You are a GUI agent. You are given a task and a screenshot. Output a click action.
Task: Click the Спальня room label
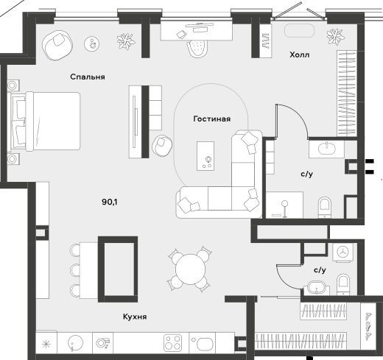[x=88, y=77]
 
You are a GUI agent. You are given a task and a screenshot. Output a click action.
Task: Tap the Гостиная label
[x=212, y=119]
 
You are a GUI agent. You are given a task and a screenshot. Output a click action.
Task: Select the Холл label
[x=299, y=54]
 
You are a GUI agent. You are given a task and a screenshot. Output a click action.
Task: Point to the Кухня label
[x=135, y=317]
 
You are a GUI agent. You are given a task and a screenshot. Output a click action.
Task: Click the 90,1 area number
[x=110, y=202]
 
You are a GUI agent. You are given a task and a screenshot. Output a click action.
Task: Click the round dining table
[x=190, y=269]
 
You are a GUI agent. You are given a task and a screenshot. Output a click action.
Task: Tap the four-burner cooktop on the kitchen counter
[x=173, y=342]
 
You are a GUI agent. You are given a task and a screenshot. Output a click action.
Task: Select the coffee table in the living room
[x=205, y=156]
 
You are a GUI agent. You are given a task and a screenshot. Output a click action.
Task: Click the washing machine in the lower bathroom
[x=342, y=253]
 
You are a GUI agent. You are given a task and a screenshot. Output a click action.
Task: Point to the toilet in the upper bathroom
[x=325, y=207]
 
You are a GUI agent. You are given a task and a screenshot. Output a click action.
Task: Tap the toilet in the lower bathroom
[x=343, y=285]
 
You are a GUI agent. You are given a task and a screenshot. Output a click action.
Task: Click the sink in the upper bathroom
[x=326, y=149]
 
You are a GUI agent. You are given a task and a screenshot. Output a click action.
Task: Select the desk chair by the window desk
[x=197, y=49]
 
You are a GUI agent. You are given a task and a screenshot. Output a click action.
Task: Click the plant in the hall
[x=335, y=37]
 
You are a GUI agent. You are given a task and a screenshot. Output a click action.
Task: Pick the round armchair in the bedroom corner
[x=57, y=45]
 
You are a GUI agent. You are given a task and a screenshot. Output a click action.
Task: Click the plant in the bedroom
[x=126, y=41]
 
